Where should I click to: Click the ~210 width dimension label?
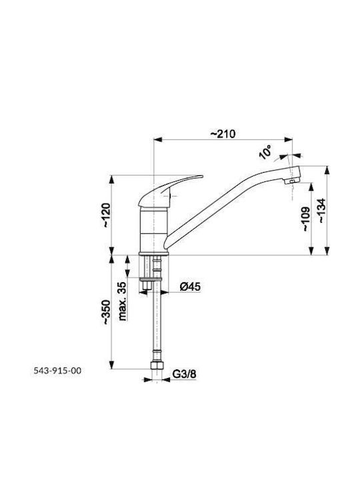point(223,134)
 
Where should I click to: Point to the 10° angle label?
point(266,152)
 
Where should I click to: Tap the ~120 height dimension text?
point(106,215)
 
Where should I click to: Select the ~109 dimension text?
point(306,219)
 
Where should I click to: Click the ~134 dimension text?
point(322,211)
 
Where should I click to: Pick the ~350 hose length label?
point(106,312)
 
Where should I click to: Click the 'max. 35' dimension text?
point(122,301)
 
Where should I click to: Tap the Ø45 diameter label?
point(190,287)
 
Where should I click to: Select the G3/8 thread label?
point(184,374)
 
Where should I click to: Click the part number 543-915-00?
point(57,371)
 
